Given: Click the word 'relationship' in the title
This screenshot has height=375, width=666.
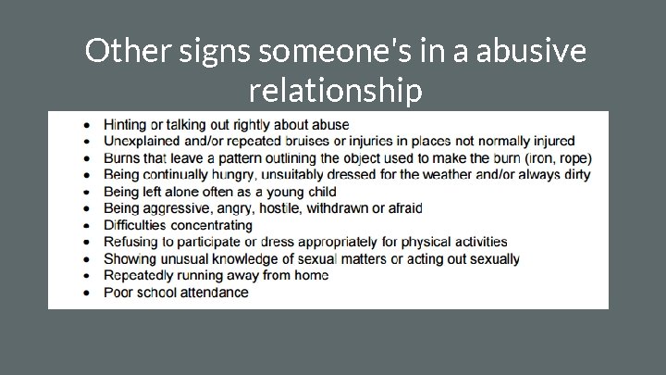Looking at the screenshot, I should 335,92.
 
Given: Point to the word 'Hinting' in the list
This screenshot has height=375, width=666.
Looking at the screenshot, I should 128,124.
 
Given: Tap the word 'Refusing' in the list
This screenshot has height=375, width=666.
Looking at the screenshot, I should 132,242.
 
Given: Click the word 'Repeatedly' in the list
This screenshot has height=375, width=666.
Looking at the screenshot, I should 140,275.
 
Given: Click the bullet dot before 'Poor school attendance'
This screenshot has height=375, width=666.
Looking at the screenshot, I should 86,293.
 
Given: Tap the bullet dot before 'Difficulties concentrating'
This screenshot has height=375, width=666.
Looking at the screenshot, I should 86,225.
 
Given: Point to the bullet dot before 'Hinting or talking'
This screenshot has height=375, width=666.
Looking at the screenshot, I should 86,124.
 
